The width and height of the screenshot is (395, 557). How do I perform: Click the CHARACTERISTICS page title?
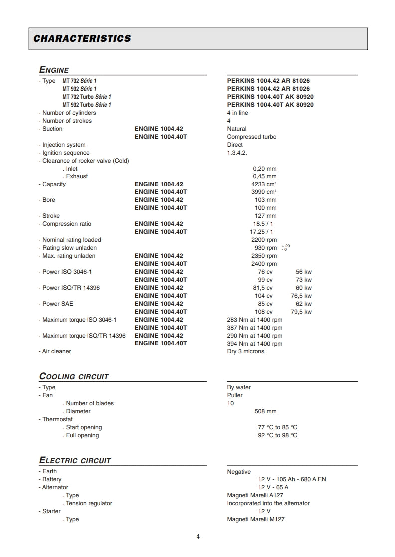pos(82,39)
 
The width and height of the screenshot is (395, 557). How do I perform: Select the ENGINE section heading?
pos(54,70)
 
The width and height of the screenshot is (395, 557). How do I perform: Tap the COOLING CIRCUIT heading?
pos(74,377)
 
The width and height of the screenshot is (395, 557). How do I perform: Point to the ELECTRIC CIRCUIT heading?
pos(75,461)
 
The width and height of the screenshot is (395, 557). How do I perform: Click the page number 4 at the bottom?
pos(198,537)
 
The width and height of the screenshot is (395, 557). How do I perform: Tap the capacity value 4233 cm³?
pos(264,184)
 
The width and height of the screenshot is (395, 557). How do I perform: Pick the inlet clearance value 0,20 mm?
pos(265,169)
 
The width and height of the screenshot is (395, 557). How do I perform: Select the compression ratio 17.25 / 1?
pos(261,232)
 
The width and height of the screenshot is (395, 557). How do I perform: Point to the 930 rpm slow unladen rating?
pos(265,248)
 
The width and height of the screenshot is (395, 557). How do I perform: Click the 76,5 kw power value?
pos(301,296)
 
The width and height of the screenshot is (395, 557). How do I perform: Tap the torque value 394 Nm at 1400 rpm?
pos(254,344)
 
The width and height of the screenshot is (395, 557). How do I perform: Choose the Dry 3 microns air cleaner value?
pos(246,351)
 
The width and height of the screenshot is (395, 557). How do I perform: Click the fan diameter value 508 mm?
pos(265,411)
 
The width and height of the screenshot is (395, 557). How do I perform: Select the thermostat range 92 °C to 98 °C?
pos(277,435)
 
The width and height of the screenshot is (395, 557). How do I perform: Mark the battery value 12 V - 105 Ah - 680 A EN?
pos(292,479)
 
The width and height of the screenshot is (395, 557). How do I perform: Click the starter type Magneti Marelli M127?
pos(256,519)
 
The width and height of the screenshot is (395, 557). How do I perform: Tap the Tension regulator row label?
pos(89,503)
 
